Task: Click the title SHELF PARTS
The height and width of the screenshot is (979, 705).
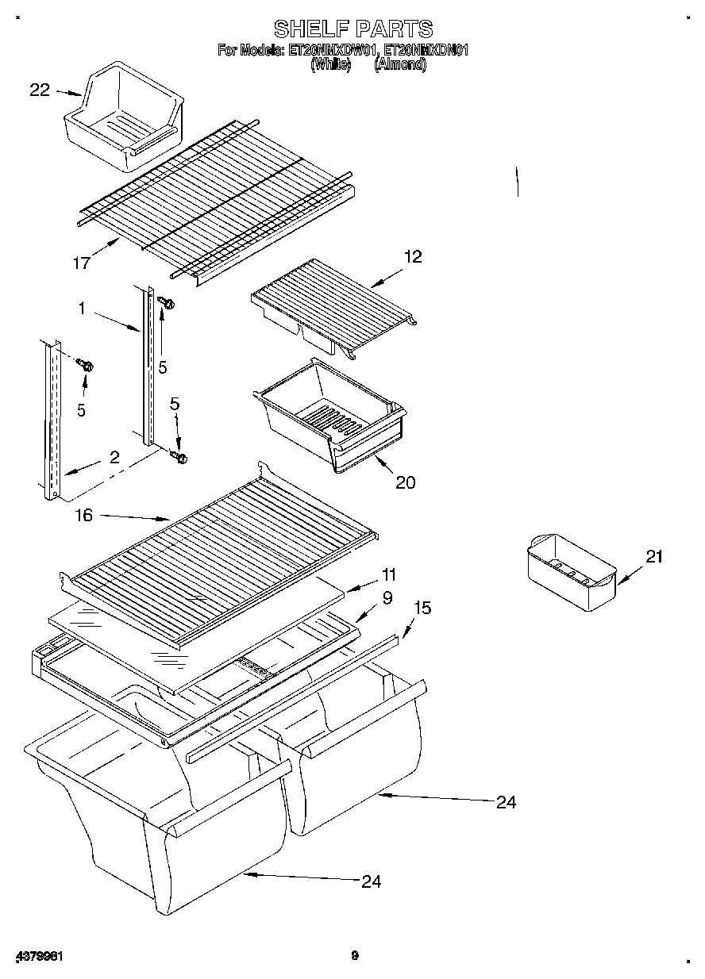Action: click(353, 29)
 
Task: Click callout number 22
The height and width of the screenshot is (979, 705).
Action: click(40, 90)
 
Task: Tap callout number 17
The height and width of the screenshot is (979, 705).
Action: click(82, 263)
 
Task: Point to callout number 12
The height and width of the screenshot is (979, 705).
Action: click(412, 256)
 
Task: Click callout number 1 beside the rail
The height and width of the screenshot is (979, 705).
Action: click(82, 308)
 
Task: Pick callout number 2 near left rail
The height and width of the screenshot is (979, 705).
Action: click(114, 457)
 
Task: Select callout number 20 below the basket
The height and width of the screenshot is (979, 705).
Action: click(405, 482)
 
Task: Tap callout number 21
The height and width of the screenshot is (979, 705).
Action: click(653, 557)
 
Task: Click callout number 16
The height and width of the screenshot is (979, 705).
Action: click(83, 516)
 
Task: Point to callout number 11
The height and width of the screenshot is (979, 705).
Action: click(389, 574)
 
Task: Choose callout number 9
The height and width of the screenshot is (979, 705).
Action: click(387, 599)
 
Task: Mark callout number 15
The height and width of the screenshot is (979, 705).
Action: click(423, 608)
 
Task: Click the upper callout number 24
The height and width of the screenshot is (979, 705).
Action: click(506, 802)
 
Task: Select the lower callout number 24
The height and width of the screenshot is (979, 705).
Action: click(371, 881)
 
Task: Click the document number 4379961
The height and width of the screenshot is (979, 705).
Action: click(39, 956)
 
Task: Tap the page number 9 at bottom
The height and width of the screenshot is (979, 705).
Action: click(355, 955)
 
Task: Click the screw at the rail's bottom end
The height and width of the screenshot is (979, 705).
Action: click(180, 458)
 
